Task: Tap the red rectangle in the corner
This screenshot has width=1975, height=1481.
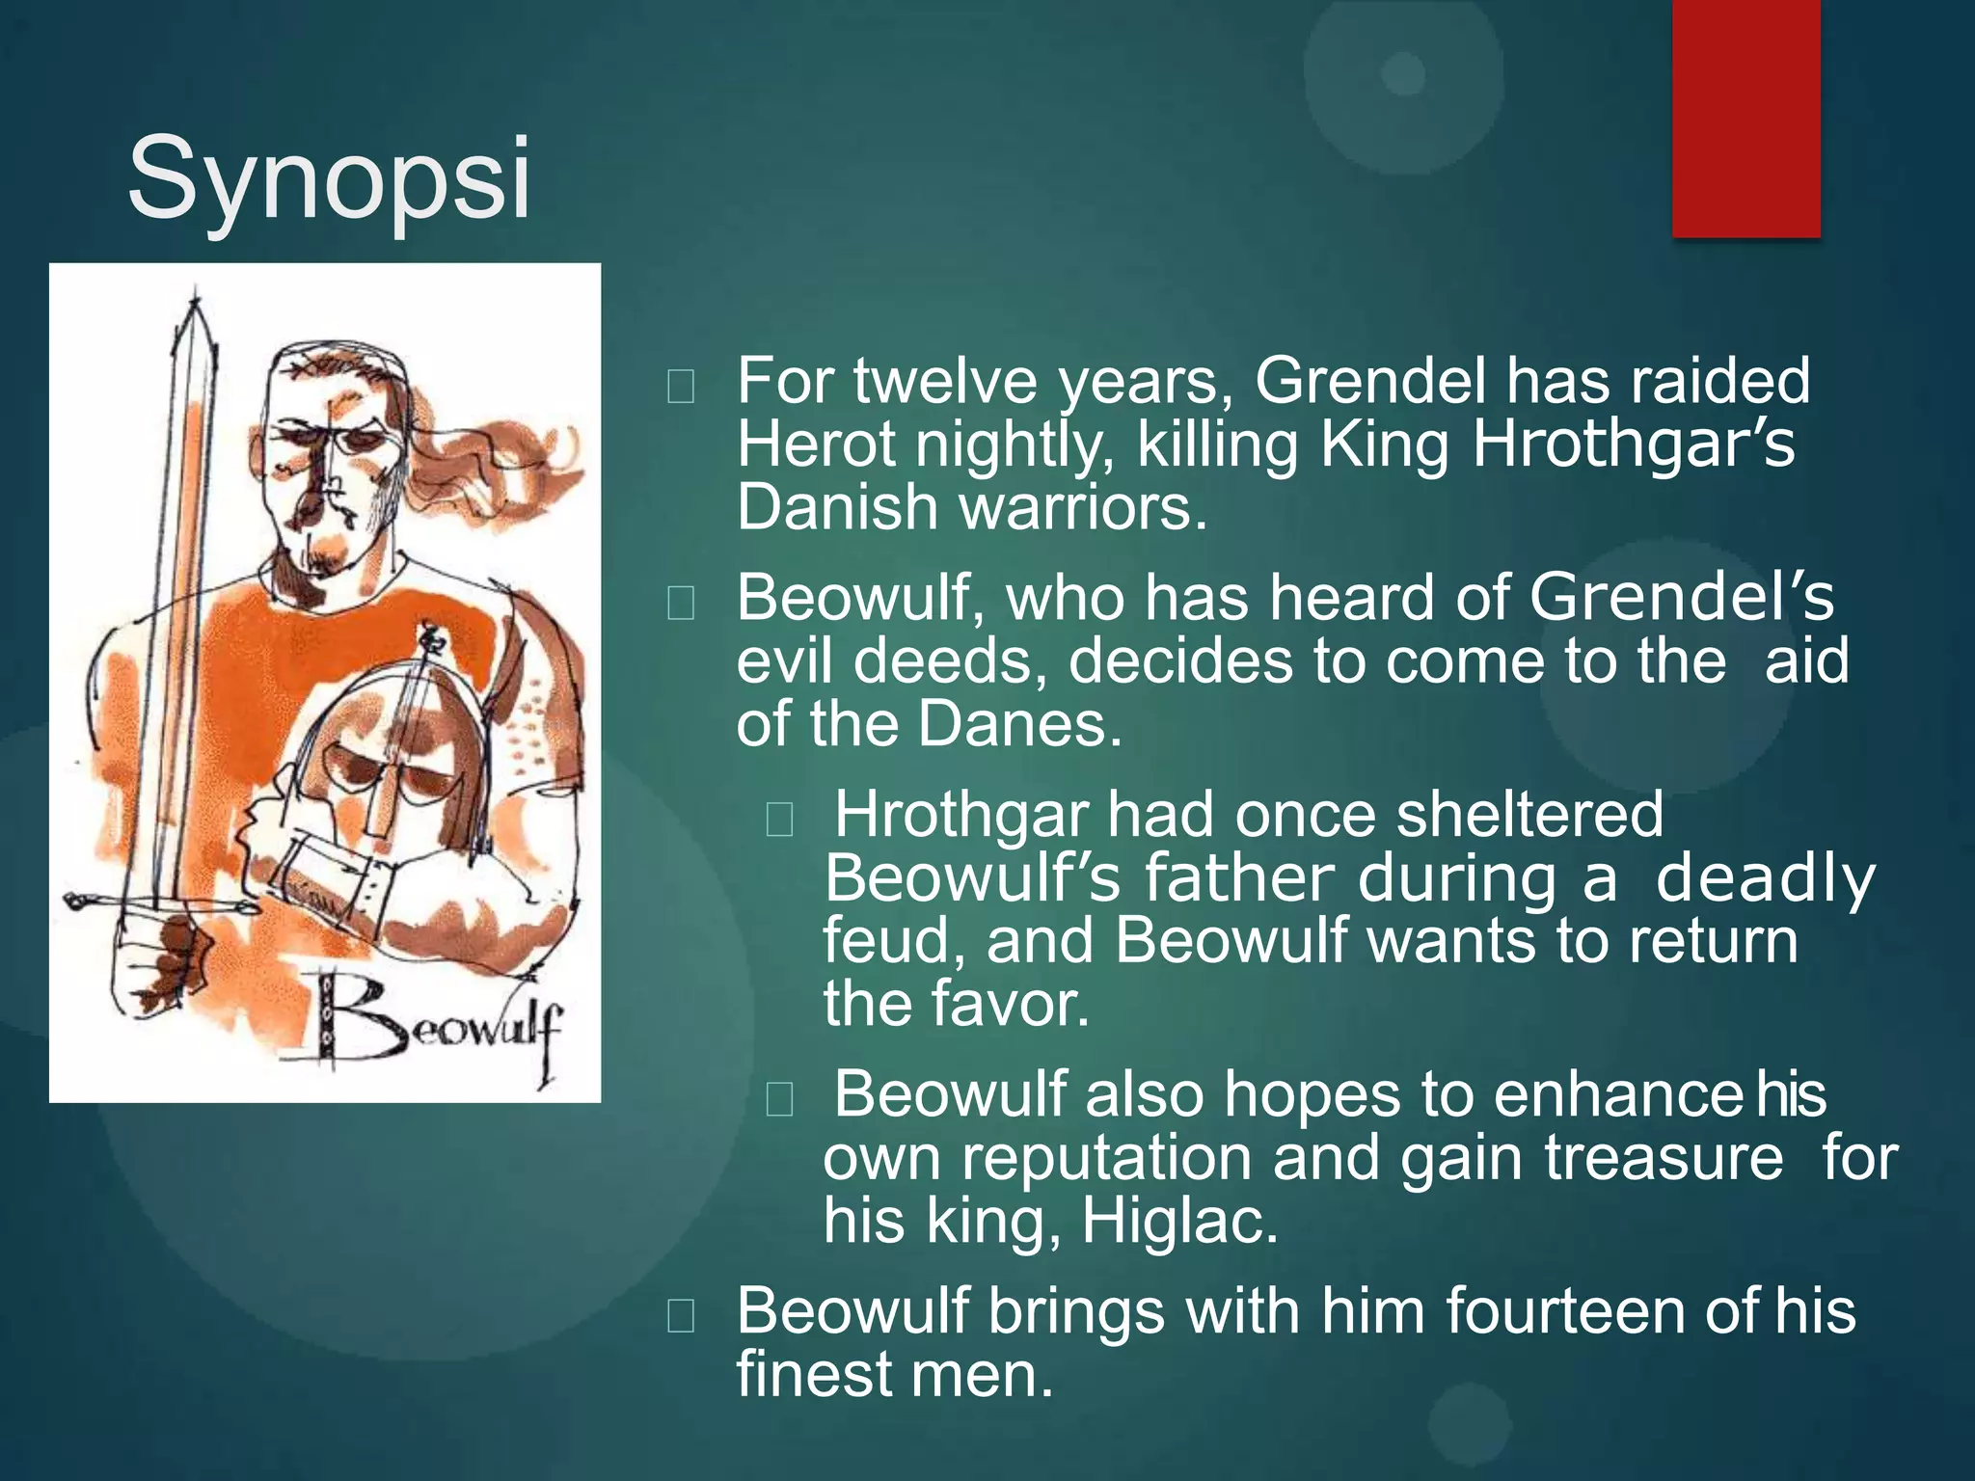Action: (1745, 118)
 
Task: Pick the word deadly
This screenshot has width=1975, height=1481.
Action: (1765, 878)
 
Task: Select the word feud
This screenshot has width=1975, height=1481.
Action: (893, 941)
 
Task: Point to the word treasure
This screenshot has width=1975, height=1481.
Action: (1664, 1158)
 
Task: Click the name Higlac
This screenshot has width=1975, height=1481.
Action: (1179, 1221)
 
